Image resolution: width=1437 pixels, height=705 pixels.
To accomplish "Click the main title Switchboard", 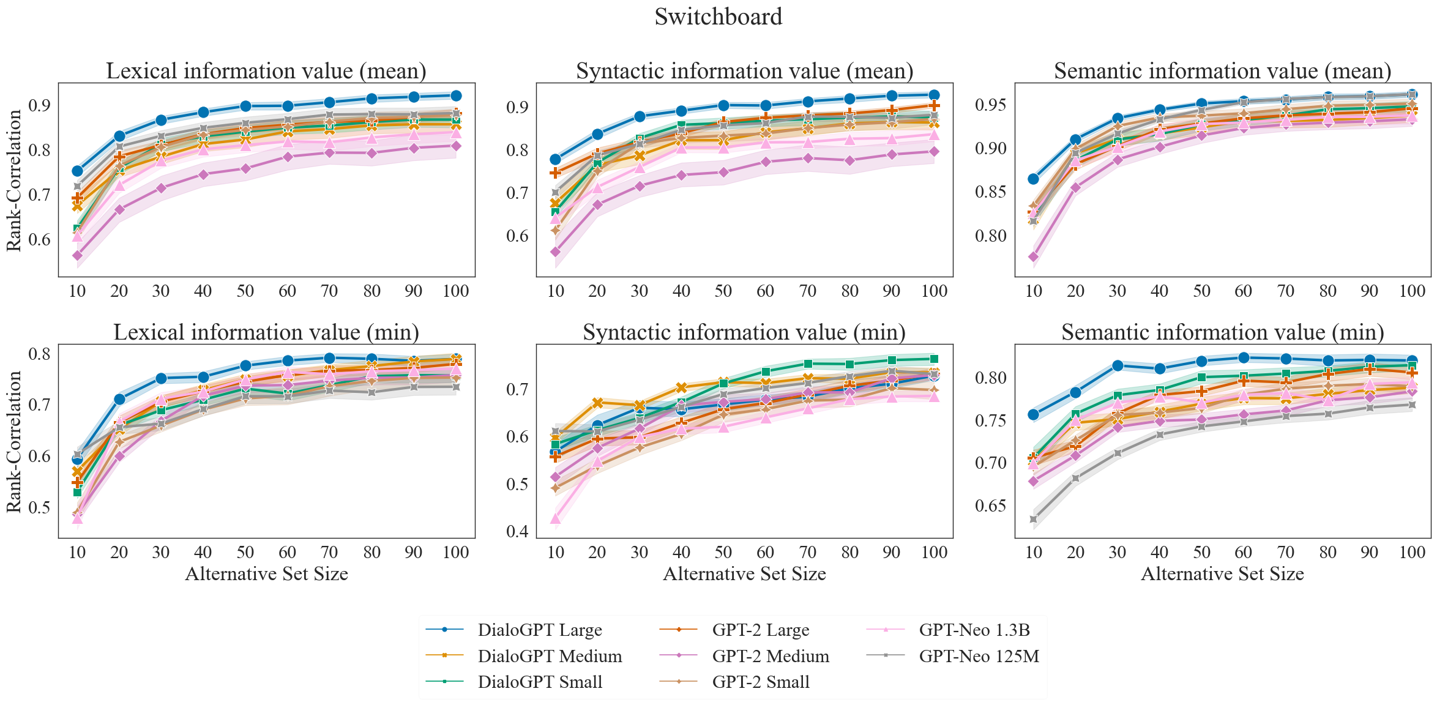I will tap(718, 17).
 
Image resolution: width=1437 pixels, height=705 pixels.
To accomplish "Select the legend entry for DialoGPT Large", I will tap(540, 630).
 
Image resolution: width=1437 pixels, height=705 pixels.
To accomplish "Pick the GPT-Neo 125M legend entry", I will tap(979, 656).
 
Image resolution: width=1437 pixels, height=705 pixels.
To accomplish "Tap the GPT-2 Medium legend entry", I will tap(771, 656).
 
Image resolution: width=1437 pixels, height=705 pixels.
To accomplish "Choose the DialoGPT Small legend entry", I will tap(540, 682).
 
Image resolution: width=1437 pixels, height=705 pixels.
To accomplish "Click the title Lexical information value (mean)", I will tap(266, 71).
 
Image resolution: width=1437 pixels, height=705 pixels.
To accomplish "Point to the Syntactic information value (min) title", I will tap(744, 332).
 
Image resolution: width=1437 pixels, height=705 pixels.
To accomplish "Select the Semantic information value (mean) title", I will tap(1222, 71).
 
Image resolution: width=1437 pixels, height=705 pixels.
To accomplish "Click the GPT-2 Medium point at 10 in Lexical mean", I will tap(78, 255).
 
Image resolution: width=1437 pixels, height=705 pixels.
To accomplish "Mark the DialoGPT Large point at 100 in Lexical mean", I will tap(456, 95).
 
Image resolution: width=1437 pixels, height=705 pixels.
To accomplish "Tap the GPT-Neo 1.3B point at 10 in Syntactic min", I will tap(556, 519).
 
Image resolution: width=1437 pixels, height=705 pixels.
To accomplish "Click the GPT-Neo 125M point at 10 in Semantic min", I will tap(1034, 519).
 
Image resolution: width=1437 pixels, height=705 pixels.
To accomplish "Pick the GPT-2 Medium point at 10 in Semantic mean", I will tap(1034, 257).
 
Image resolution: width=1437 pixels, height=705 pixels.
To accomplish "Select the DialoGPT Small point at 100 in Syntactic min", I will tap(934, 359).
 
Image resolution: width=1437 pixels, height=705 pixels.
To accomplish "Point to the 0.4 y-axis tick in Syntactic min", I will tap(517, 531).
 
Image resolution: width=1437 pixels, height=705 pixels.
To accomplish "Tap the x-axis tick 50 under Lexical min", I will tap(245, 552).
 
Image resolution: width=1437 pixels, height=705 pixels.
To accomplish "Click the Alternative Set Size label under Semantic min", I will tap(1222, 574).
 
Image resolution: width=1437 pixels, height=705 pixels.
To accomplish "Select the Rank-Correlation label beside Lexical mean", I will tap(14, 180).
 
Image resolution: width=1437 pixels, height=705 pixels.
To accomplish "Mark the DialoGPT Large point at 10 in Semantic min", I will tap(1034, 414).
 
